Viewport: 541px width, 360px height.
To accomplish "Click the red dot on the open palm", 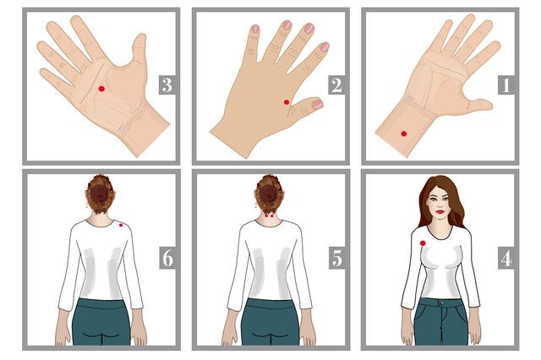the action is tap(101, 89).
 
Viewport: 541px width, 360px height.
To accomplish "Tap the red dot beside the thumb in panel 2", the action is tap(287, 102).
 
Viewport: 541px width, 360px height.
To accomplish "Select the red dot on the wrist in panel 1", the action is tap(404, 134).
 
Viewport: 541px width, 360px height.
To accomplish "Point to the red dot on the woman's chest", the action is tap(423, 243).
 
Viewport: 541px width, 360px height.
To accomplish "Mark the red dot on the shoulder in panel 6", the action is tap(121, 225).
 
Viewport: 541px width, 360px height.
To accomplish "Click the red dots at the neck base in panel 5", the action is tap(269, 215).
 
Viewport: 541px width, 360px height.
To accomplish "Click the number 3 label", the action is tap(167, 85).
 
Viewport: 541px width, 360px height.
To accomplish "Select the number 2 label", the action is tap(336, 85).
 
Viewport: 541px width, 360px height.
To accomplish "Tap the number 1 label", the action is tap(506, 85).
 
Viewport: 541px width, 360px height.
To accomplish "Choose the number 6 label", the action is tap(167, 258).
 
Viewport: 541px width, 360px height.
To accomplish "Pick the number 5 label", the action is tap(336, 258).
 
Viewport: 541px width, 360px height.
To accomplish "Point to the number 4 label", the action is tap(506, 258).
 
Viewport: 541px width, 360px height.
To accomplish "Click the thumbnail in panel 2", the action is tap(317, 104).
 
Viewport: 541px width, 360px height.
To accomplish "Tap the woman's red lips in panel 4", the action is tap(440, 212).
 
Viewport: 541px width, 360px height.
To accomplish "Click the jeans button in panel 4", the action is tap(441, 303).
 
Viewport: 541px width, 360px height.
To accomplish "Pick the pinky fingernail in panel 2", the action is tap(255, 29).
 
